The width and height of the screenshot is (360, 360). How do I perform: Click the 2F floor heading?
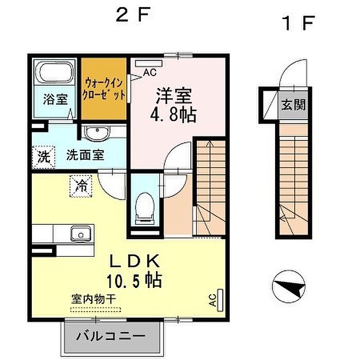point(133,15)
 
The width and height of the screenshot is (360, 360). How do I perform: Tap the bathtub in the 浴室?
point(55,72)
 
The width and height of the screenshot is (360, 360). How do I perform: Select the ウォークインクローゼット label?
point(104,89)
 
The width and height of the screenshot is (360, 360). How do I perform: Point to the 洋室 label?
point(174,96)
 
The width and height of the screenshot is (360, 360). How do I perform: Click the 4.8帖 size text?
point(173,114)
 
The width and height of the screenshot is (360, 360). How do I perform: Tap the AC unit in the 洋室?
point(149,63)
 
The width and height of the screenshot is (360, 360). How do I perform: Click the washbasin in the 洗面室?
point(97,133)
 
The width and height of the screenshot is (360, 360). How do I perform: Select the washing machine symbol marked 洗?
point(44,157)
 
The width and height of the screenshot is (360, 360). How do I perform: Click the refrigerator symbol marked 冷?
point(81,186)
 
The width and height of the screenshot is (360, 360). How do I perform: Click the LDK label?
point(135,261)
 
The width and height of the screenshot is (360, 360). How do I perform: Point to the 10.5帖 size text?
point(134,280)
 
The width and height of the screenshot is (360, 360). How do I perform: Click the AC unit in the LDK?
point(220,300)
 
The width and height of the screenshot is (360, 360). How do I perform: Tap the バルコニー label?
point(111,336)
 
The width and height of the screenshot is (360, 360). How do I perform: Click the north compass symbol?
point(289,286)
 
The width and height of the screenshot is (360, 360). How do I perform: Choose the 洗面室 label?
point(85,155)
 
